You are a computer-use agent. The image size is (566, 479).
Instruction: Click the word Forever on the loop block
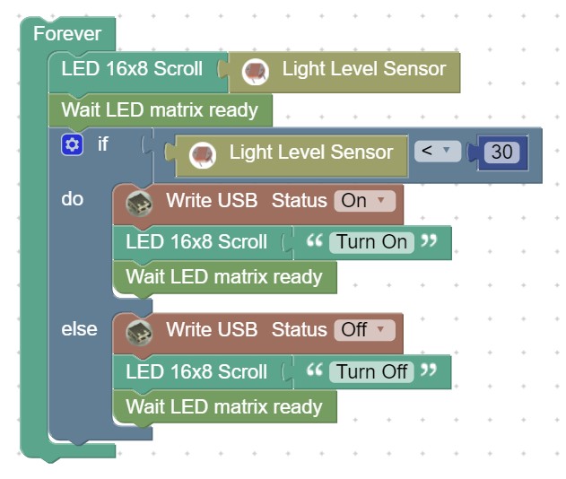pyautogui.click(x=67, y=33)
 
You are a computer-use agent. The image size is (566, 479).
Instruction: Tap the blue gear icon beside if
pyautogui.click(x=72, y=144)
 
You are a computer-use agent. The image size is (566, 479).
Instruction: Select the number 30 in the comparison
pyautogui.click(x=501, y=152)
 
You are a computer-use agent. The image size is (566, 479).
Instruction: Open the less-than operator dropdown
pyautogui.click(x=438, y=151)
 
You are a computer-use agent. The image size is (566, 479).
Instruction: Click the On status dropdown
pyautogui.click(x=364, y=201)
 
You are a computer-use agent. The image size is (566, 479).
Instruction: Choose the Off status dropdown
pyautogui.click(x=364, y=330)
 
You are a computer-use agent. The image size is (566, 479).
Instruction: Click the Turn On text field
pyautogui.click(x=371, y=242)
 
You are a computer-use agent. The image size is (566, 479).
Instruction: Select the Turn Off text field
pyautogui.click(x=371, y=371)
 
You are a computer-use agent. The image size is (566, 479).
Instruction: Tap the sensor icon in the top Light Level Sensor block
pyautogui.click(x=256, y=72)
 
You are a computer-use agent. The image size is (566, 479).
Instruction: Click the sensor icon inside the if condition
pyautogui.click(x=203, y=155)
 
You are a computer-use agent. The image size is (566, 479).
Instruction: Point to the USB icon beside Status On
pyautogui.click(x=139, y=204)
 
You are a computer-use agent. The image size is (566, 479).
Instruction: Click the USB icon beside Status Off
pyautogui.click(x=139, y=333)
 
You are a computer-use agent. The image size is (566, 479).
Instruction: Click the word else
pyautogui.click(x=79, y=329)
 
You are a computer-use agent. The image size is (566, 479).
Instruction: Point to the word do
pyautogui.click(x=72, y=199)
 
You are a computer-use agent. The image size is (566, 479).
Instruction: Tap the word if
pyautogui.click(x=103, y=144)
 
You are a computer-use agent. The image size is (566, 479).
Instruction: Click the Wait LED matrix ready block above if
pyautogui.click(x=161, y=110)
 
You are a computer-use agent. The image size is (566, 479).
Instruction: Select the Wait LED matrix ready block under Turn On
pyautogui.click(x=224, y=277)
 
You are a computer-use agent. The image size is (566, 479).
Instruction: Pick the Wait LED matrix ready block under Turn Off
pyautogui.click(x=224, y=407)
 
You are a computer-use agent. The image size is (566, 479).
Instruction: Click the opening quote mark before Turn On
pyautogui.click(x=315, y=240)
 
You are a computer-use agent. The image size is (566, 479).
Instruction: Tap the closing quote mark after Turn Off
pyautogui.click(x=429, y=370)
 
